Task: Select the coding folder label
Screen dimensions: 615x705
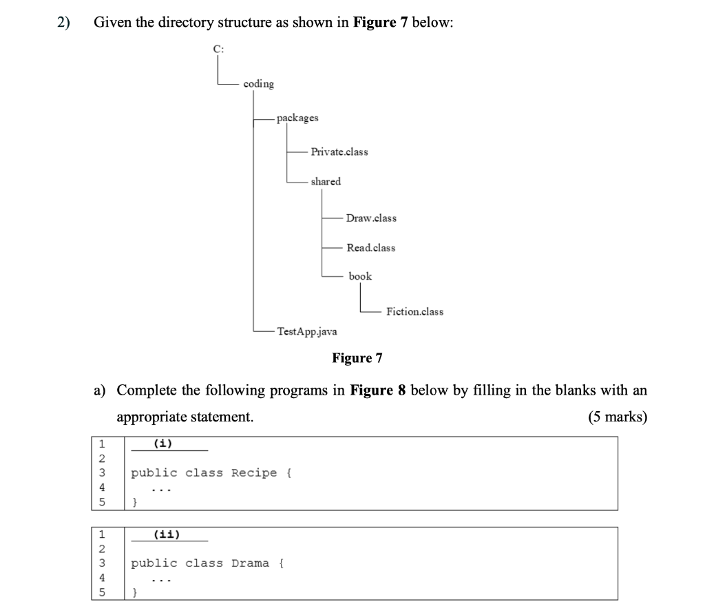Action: click(x=258, y=84)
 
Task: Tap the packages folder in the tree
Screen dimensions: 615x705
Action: click(x=297, y=118)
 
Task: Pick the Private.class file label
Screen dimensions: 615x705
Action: click(x=339, y=152)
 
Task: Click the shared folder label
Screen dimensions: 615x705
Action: click(x=326, y=182)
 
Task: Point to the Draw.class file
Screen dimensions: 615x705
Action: click(x=371, y=218)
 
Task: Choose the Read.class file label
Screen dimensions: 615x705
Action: click(x=371, y=248)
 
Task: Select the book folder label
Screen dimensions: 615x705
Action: click(x=360, y=276)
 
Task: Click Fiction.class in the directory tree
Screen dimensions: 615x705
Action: click(x=414, y=312)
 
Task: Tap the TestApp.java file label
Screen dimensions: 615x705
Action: click(x=307, y=331)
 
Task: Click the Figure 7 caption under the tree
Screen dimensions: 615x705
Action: click(x=357, y=358)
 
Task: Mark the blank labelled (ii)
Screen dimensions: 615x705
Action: click(x=169, y=534)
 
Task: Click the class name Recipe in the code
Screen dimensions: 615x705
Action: click(x=254, y=473)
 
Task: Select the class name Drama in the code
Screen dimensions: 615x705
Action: click(x=250, y=563)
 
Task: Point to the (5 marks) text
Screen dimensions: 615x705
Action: click(x=618, y=417)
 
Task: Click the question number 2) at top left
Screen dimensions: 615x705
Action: click(x=63, y=22)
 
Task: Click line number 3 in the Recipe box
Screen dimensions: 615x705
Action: click(x=101, y=473)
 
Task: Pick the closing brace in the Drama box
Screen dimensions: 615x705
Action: click(x=136, y=592)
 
